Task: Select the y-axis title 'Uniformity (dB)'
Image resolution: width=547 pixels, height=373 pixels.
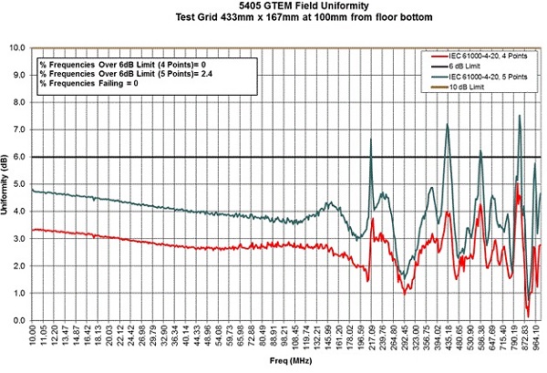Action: click(9, 183)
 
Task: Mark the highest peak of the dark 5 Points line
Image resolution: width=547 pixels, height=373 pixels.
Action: click(520, 116)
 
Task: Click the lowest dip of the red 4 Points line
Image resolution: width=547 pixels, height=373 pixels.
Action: click(528, 315)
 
